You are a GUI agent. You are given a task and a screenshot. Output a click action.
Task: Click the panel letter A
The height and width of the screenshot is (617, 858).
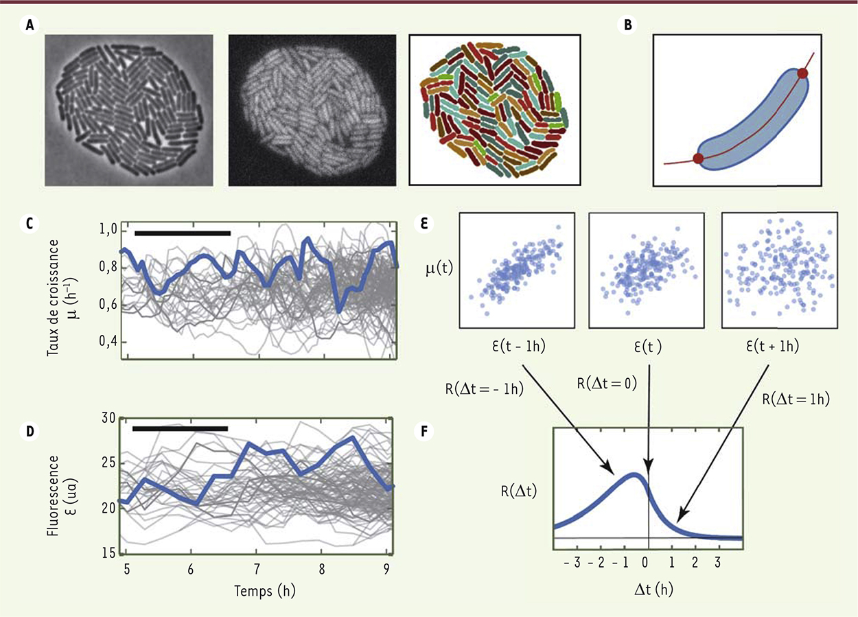(29, 26)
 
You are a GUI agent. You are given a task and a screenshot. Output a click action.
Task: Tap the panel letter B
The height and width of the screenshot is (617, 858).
(628, 26)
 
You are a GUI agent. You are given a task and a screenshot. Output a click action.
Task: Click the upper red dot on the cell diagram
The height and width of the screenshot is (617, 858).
(802, 72)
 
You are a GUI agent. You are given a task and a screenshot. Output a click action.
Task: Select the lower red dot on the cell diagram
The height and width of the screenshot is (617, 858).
(698, 159)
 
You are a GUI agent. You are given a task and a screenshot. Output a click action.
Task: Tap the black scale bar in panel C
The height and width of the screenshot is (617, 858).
(183, 233)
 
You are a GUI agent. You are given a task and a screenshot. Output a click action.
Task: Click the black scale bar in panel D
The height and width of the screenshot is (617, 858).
(180, 429)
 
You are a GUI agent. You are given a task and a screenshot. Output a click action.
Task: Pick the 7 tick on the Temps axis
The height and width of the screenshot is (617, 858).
(257, 569)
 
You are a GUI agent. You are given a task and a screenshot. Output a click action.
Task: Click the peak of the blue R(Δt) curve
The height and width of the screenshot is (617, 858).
(635, 474)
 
